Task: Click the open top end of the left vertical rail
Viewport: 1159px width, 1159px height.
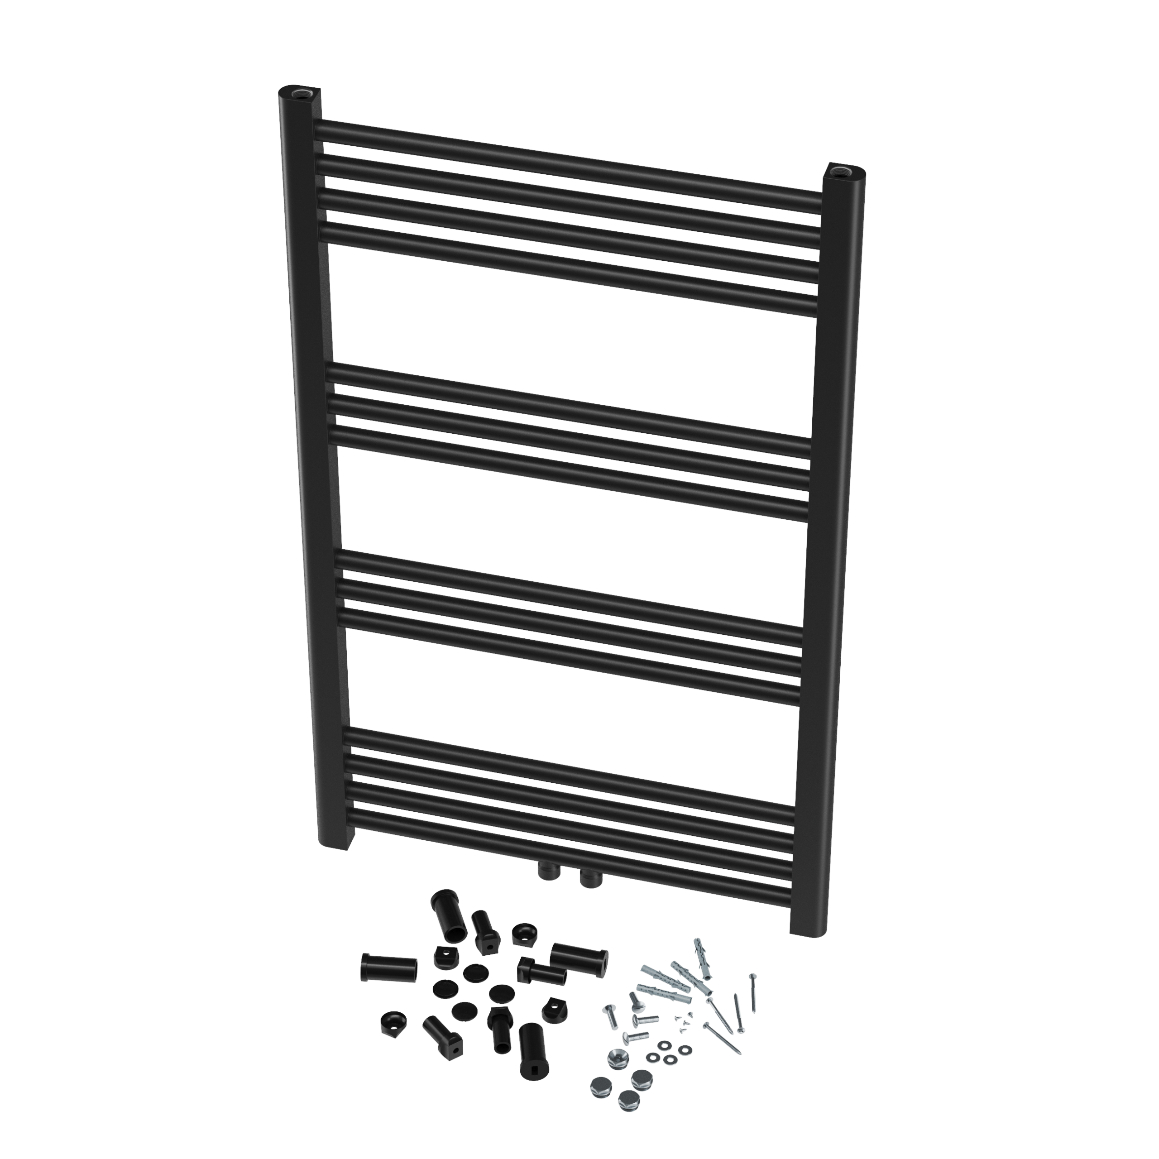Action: pos(298,93)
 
